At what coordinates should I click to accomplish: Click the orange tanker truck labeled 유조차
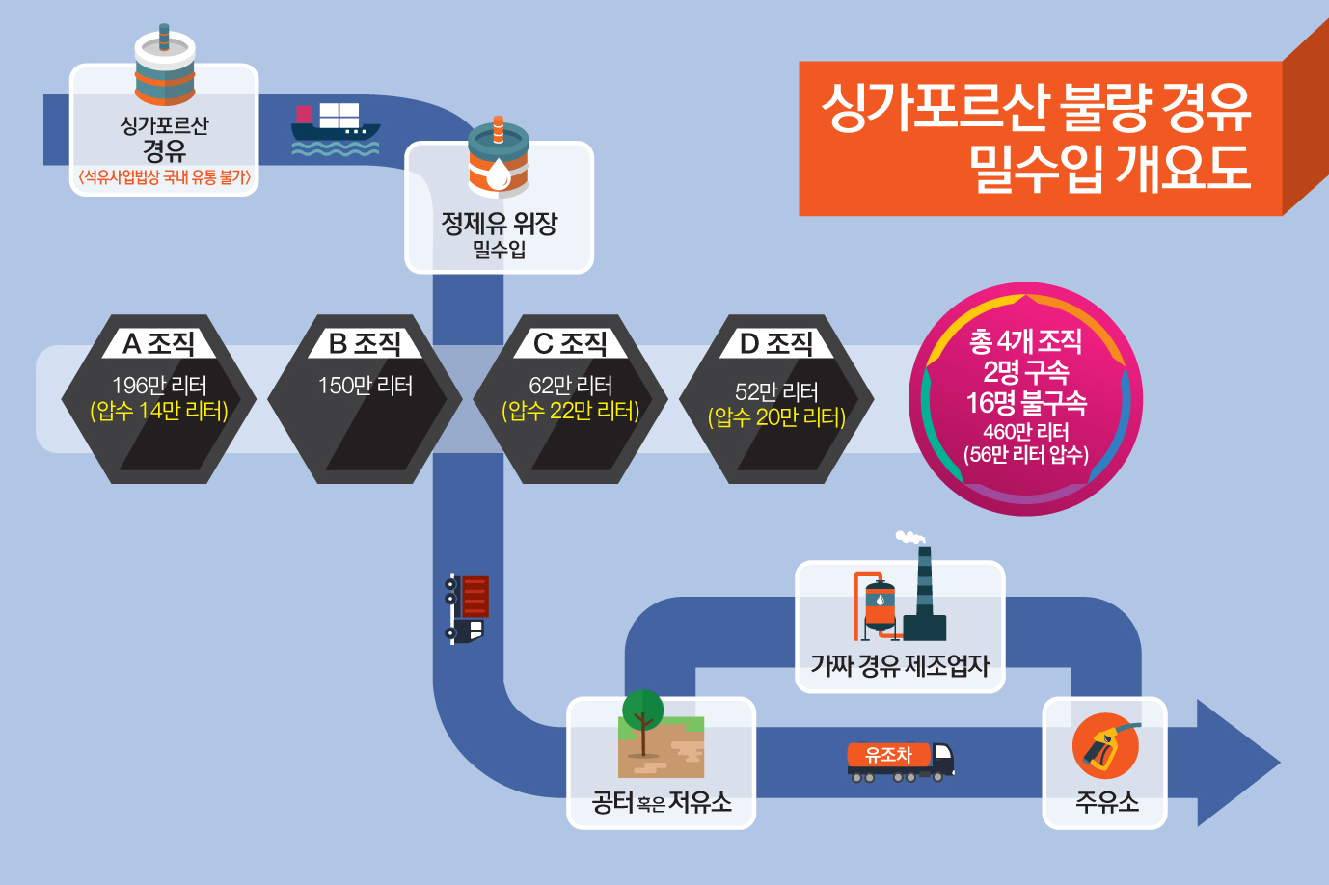tap(901, 762)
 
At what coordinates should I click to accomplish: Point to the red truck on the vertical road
tap(467, 608)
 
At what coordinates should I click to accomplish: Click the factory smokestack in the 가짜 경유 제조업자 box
tap(924, 593)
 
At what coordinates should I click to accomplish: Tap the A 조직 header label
tap(158, 343)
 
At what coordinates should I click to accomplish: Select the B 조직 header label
tap(365, 343)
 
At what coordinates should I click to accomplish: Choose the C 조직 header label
tap(570, 343)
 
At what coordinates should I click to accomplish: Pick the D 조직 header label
tap(776, 343)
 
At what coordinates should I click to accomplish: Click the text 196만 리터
tap(159, 386)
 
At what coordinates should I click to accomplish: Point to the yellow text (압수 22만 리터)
tap(571, 411)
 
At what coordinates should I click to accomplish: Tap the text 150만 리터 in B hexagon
tap(366, 386)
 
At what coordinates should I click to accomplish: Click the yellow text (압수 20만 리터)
tap(776, 417)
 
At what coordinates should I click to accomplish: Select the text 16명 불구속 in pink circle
tap(1026, 402)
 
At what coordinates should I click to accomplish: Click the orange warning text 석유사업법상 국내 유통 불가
tap(164, 176)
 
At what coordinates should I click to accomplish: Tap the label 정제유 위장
tap(500, 224)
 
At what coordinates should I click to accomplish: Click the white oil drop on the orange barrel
tap(499, 174)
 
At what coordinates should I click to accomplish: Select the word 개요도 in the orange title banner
tap(1183, 168)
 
